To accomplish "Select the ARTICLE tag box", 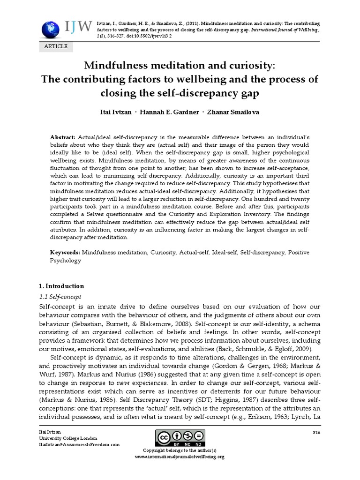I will click(x=56, y=46).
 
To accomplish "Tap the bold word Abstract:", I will click(x=63, y=136).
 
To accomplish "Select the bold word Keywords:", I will click(x=65, y=252).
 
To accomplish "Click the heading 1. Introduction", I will click(x=61, y=286).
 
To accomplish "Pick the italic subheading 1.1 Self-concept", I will click(x=60, y=297).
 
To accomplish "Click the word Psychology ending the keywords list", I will click(x=66, y=261).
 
